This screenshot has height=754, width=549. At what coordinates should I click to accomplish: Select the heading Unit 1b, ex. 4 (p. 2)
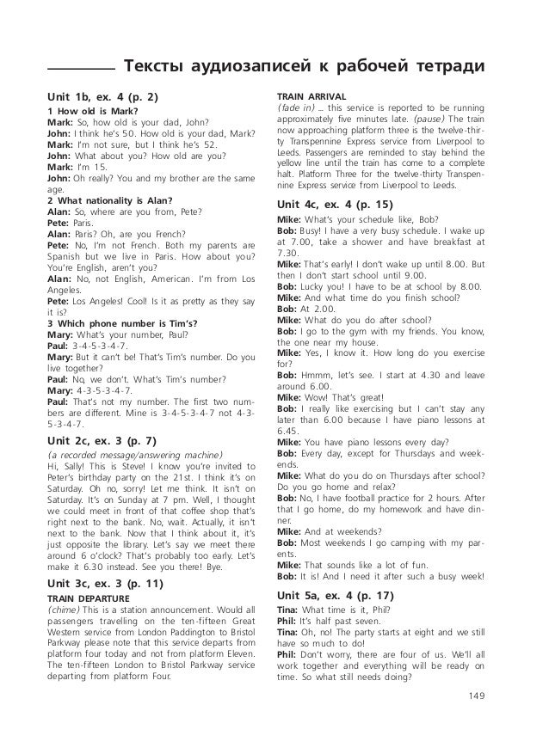coord(103,95)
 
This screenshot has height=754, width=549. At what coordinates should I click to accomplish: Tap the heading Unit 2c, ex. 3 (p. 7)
coord(103,440)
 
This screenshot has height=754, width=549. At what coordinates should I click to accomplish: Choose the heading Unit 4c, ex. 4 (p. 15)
coord(336,205)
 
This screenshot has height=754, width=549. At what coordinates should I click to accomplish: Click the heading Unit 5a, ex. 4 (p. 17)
coord(336,594)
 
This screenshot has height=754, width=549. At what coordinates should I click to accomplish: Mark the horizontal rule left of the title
coord(81,70)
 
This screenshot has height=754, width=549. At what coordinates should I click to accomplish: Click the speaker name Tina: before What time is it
coord(289,610)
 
